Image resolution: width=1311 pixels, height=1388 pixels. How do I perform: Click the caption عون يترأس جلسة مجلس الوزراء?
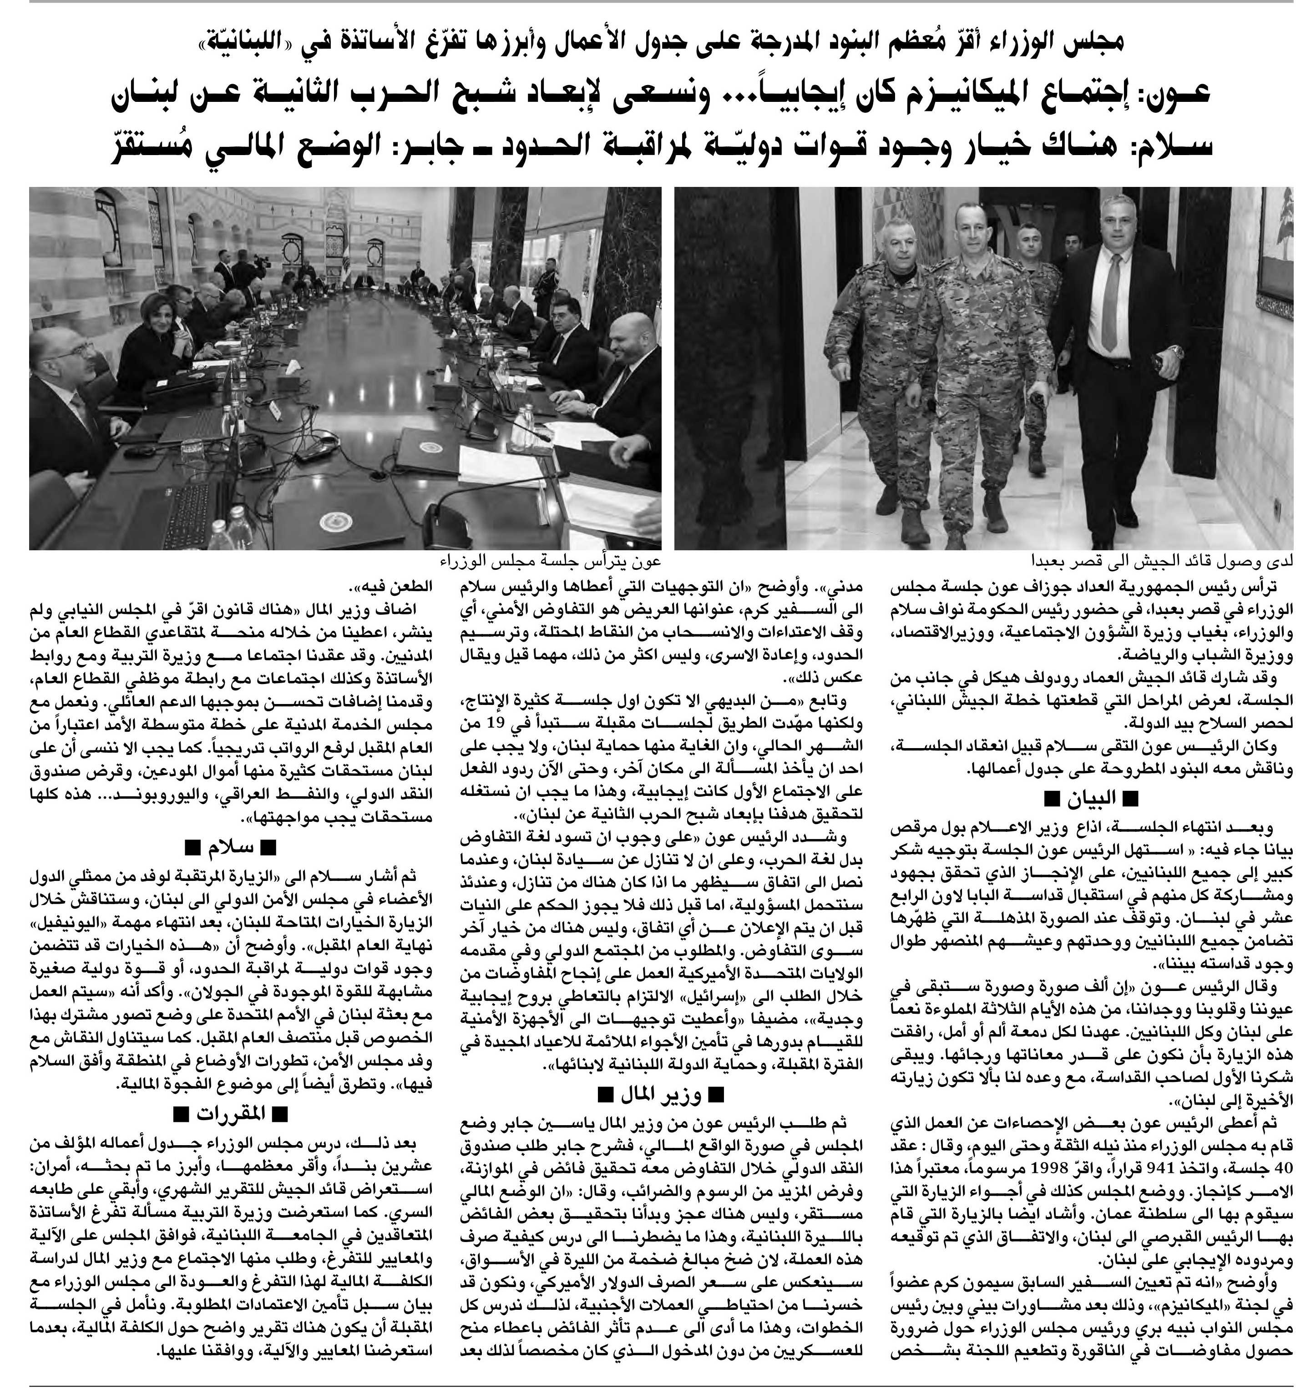click(552, 561)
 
